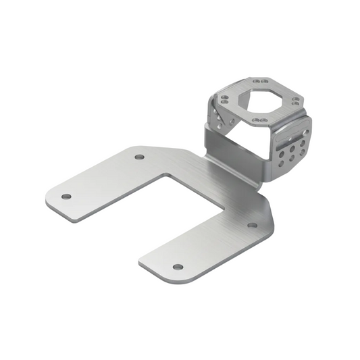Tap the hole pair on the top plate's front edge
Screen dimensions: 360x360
259,120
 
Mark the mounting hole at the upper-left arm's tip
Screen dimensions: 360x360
66,197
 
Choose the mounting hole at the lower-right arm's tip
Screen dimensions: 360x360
178,266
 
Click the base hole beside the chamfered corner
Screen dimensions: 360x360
252,225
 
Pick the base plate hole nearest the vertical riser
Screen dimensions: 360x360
139,157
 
